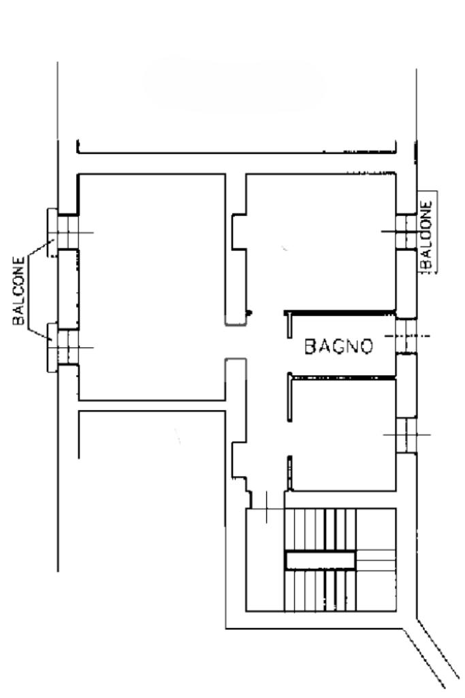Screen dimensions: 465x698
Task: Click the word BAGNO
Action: pos(338,347)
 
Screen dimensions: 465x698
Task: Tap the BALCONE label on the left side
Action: pos(18,291)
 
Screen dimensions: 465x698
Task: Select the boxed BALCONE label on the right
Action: pos(427,232)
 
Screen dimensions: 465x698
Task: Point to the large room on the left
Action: pos(152,287)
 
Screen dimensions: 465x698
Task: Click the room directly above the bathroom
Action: pos(321,242)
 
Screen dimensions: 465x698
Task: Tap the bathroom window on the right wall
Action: pos(406,336)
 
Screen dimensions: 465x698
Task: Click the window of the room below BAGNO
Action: pos(406,435)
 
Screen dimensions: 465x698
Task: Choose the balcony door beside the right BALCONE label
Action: pos(406,232)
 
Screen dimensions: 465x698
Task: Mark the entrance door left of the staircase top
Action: pos(266,508)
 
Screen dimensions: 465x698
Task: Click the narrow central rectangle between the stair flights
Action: pos(321,560)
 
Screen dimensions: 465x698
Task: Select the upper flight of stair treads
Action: pos(321,530)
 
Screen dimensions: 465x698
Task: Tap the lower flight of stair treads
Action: pos(321,590)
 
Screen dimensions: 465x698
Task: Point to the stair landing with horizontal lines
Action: pos(376,560)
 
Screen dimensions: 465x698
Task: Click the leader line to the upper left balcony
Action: pos(39,248)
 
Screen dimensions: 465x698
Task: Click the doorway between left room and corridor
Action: pos(236,342)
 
